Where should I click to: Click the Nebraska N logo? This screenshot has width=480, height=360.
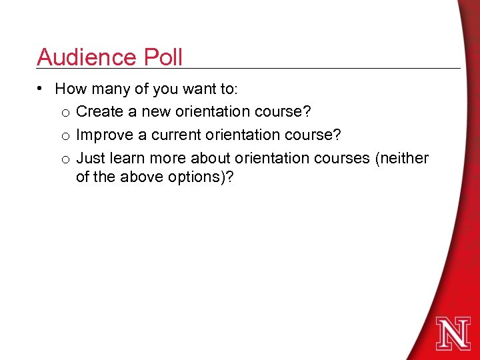click(x=453, y=333)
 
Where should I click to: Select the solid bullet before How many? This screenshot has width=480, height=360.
click(x=41, y=89)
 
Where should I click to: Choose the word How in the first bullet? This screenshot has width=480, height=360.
click(x=69, y=88)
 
